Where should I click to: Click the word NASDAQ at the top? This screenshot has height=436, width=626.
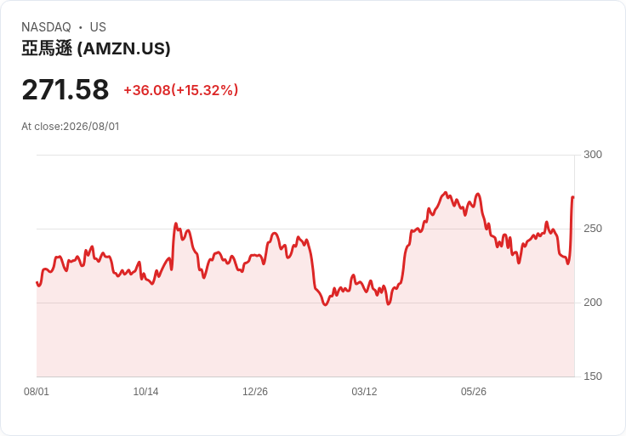(46, 27)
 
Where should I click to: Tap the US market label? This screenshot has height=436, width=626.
(98, 27)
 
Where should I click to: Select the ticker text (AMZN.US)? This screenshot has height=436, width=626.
(124, 48)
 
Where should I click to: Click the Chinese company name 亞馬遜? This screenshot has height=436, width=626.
(47, 48)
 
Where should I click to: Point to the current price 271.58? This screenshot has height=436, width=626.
(65, 89)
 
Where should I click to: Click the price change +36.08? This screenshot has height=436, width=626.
(147, 90)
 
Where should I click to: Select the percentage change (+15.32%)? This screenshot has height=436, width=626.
(204, 90)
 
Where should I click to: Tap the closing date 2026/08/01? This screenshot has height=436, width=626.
(91, 127)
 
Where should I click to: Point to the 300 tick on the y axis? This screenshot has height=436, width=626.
(593, 155)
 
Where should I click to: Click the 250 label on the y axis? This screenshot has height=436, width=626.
(593, 229)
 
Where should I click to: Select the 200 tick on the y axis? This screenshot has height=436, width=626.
(593, 303)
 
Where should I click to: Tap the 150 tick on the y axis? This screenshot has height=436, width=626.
(593, 377)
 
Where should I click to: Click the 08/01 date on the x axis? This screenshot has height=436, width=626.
(37, 392)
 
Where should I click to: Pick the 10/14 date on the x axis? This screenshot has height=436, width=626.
(145, 392)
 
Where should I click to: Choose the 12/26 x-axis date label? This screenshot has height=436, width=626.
(255, 392)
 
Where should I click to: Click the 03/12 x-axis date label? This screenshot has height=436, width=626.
(364, 392)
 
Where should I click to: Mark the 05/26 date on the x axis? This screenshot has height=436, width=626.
(474, 392)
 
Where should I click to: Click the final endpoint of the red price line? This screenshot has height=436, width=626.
(573, 197)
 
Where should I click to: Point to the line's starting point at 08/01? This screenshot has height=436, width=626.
(37, 282)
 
